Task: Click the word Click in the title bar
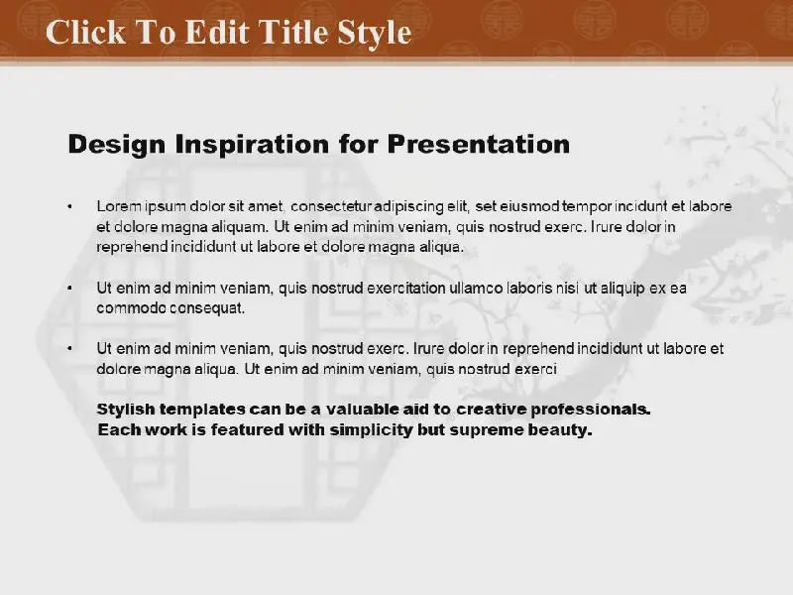coord(85,32)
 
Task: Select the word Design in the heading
coord(117,145)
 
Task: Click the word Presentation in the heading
coord(479,144)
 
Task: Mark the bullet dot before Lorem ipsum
coord(69,206)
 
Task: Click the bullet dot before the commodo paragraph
coord(69,288)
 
